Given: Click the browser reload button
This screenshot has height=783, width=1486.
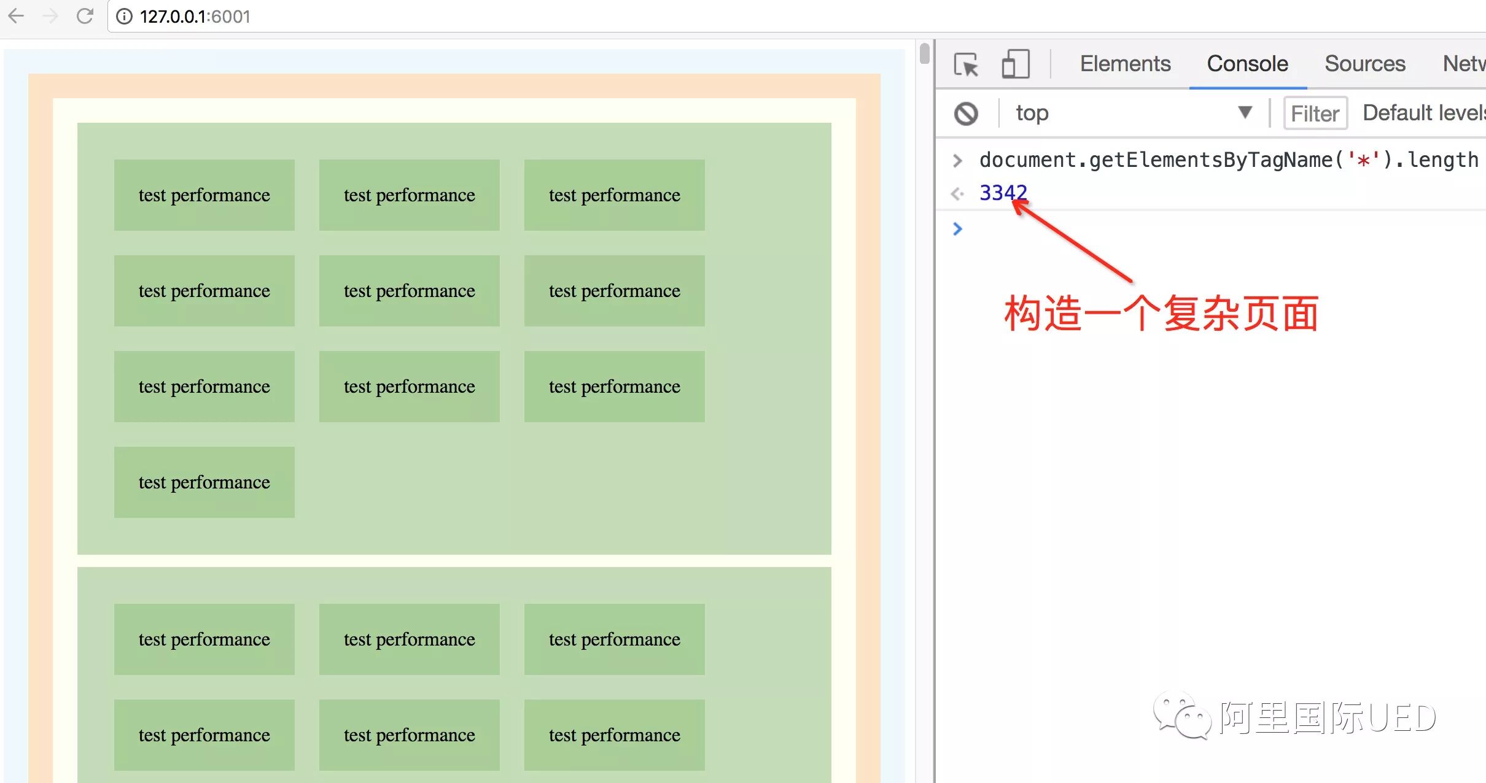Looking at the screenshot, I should click(x=85, y=16).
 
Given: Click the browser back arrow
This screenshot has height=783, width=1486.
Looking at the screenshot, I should click(x=17, y=16).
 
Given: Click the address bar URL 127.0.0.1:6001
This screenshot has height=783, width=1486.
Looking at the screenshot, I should click(x=195, y=17).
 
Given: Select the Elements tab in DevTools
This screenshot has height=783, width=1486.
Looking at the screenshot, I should click(x=1125, y=64).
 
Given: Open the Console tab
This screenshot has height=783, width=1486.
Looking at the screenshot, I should click(x=1247, y=64).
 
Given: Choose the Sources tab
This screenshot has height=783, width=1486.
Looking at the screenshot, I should click(x=1364, y=64).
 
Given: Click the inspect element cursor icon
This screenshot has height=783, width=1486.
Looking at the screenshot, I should click(x=966, y=64).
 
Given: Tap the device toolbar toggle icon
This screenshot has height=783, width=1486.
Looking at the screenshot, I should click(x=1015, y=64).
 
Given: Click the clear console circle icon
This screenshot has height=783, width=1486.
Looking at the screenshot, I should click(x=966, y=114).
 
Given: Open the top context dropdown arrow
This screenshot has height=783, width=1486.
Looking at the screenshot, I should click(x=1245, y=112).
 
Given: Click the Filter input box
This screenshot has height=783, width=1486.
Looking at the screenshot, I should click(x=1315, y=114).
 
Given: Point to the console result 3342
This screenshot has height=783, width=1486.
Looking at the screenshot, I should click(x=1003, y=193).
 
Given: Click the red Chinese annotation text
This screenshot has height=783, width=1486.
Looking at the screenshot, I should click(x=1161, y=314).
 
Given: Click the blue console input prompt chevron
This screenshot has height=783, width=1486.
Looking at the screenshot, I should click(x=957, y=229).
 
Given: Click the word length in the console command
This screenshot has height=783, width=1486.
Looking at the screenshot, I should click(x=1442, y=160).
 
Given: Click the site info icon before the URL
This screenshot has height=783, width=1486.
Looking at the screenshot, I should click(x=124, y=17).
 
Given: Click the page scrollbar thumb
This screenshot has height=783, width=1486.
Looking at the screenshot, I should click(x=925, y=53).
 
